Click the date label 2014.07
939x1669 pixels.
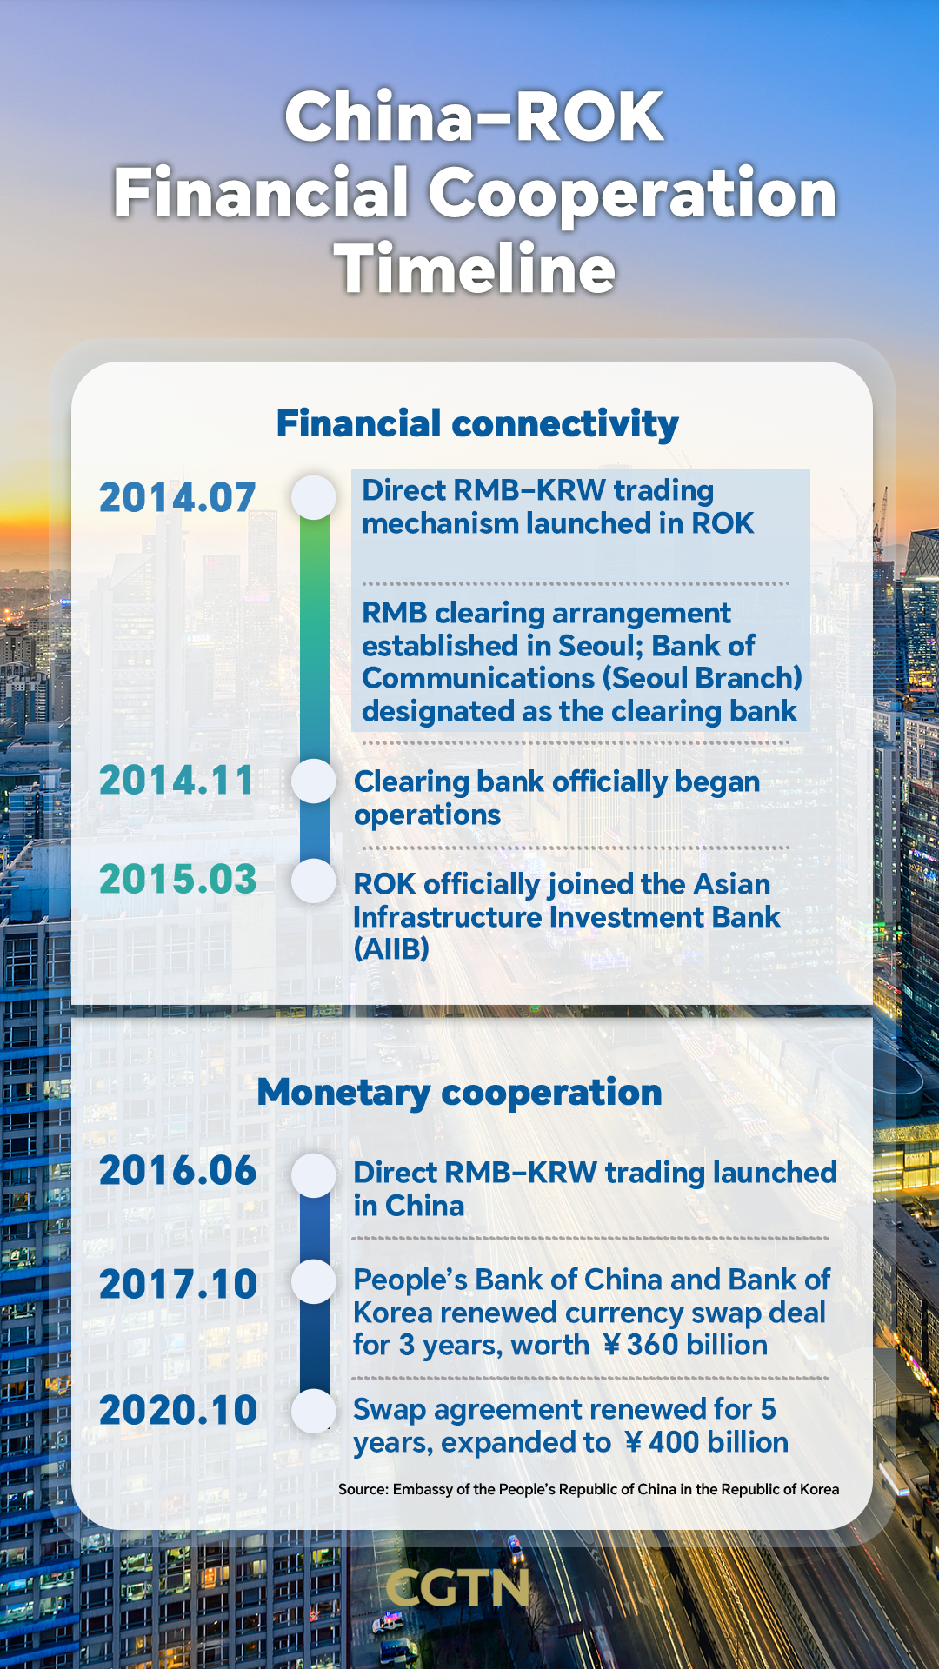pyautogui.click(x=177, y=498)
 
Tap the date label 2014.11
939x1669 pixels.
pyautogui.click(x=176, y=781)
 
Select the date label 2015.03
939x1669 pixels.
pyautogui.click(x=177, y=880)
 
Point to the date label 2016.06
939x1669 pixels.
pyautogui.click(x=177, y=1171)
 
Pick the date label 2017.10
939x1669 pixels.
pyautogui.click(x=177, y=1285)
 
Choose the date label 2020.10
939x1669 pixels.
pyautogui.click(x=177, y=1411)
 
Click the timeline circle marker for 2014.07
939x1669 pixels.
pyautogui.click(x=314, y=497)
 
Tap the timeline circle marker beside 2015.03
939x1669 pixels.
pyautogui.click(x=314, y=881)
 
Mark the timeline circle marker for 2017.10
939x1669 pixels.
pyautogui.click(x=314, y=1281)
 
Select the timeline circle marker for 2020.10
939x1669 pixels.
pyautogui.click(x=314, y=1411)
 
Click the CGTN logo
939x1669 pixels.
pyautogui.click(x=458, y=1588)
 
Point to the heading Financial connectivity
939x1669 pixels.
pyautogui.click(x=477, y=424)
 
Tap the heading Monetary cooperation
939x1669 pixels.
pyautogui.click(x=459, y=1093)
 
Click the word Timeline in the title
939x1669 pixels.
pyautogui.click(x=475, y=269)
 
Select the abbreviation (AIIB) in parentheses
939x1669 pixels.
pyautogui.click(x=391, y=949)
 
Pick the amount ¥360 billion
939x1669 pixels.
pyautogui.click(x=685, y=1346)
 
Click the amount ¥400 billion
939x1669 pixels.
pyautogui.click(x=706, y=1443)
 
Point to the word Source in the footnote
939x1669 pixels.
pyautogui.click(x=363, y=1489)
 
